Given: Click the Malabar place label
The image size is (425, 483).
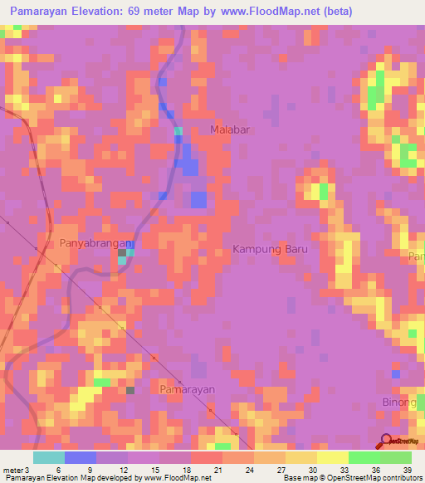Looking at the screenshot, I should tap(230, 130).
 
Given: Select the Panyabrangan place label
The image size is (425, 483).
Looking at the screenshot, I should tap(96, 243).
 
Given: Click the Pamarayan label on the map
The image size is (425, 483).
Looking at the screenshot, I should tap(187, 388).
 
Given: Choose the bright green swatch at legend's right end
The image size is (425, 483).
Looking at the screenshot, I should tap(396, 457).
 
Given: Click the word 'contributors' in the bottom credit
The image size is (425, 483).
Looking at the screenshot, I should tap(402, 477).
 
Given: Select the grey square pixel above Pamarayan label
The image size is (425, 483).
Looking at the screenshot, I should tap(130, 389).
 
